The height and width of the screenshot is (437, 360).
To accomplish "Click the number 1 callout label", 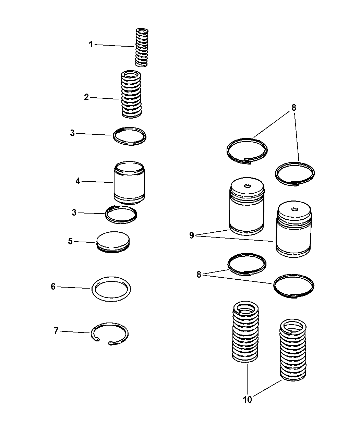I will point(91,45).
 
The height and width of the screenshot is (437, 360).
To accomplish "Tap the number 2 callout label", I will point(86,97).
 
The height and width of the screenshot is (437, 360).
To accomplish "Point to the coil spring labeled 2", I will point(130,95).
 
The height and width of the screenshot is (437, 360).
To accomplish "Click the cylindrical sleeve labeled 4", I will point(129,183).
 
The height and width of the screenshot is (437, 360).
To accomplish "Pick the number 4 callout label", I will point(78,181).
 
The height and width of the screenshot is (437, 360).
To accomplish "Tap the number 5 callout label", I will point(70,241).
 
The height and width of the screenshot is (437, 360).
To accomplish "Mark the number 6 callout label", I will point(53,287).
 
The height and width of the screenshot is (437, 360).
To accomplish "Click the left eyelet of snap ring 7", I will point(97,340).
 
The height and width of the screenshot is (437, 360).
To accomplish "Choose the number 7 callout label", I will point(56,331).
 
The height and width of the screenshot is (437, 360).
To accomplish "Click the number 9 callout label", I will point(192,235).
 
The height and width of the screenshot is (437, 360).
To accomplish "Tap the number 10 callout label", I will point(247,400).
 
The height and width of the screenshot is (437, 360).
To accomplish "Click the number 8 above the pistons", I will point(294,108).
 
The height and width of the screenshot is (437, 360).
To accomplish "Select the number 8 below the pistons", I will point(199,275).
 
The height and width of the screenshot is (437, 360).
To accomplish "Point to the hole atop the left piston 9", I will point(247,186).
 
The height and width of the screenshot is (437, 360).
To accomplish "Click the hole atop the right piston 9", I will point(293,209).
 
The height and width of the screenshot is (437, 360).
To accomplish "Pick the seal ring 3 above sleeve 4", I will point(129,136).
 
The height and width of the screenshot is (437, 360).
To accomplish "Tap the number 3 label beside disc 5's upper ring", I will point(74,213).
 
